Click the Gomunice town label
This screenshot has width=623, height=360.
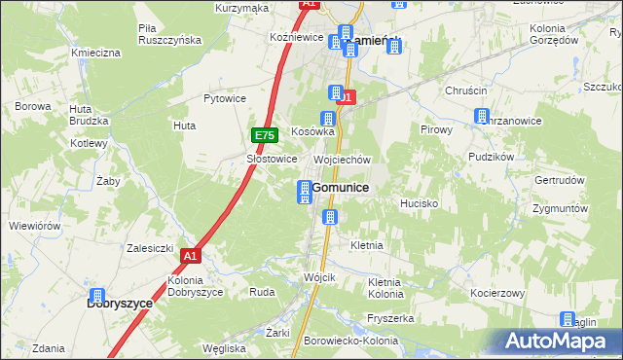click(340, 188)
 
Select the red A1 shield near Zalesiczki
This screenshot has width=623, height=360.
click(190, 256)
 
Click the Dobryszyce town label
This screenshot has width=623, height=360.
click(120, 304)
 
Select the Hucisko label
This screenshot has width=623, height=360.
click(420, 204)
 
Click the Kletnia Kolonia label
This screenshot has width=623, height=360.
click(385, 288)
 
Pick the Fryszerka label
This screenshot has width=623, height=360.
click(392, 318)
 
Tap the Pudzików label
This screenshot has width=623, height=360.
click(490, 156)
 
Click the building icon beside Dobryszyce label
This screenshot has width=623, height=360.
click(97, 296)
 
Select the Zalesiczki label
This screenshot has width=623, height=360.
click(150, 248)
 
